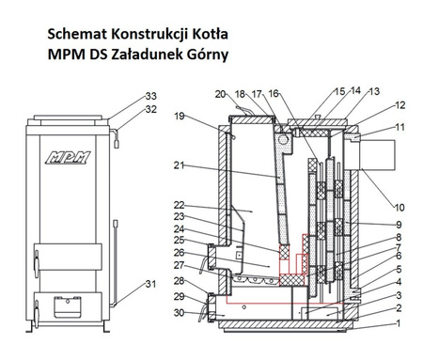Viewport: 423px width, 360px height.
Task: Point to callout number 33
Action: pyautogui.click(x=151, y=97)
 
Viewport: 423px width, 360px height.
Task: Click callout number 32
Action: pyautogui.click(x=151, y=109)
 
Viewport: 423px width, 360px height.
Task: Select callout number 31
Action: pyautogui.click(x=151, y=285)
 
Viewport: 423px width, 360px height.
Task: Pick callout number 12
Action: pyautogui.click(x=399, y=105)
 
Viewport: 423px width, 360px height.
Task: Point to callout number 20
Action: pyautogui.click(x=219, y=94)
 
